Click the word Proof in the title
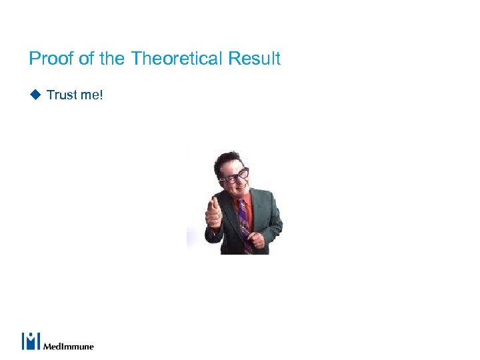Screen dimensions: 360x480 pyautogui.click(x=51, y=59)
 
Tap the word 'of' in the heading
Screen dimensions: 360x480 pyautogui.click(x=87, y=59)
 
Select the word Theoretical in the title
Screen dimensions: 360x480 pyautogui.click(x=177, y=59)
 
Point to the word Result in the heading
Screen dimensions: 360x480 pyautogui.click(x=254, y=59)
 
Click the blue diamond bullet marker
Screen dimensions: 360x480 pyautogui.click(x=35, y=95)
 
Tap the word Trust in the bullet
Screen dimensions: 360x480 pyautogui.click(x=62, y=95)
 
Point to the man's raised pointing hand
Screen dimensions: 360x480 pyautogui.click(x=214, y=215)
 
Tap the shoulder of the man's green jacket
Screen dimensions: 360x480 pyautogui.click(x=267, y=200)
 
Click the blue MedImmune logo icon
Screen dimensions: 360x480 pyautogui.click(x=31, y=341)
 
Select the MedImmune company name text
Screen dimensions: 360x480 pyautogui.click(x=69, y=346)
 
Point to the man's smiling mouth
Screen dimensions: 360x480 pyautogui.click(x=239, y=189)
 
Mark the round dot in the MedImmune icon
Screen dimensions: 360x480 pyautogui.click(x=31, y=335)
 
